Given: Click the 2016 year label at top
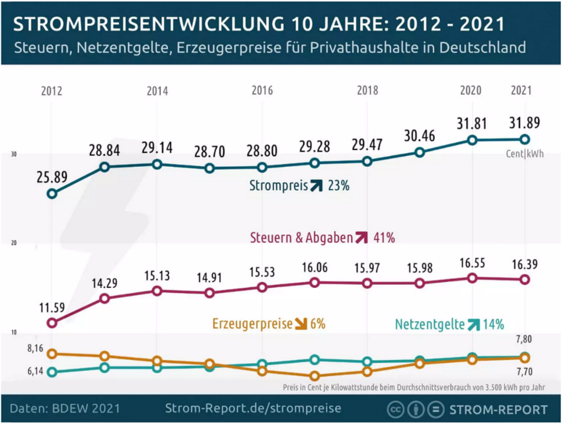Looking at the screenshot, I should coord(262,90).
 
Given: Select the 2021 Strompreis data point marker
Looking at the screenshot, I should coord(524,139).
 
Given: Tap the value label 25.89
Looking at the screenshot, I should coord(52,177).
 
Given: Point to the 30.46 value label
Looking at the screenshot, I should coord(419,136).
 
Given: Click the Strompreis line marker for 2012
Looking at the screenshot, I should coord(52,194).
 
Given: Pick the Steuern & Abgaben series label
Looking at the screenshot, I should coord(301,238).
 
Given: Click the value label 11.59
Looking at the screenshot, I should coord(52,308).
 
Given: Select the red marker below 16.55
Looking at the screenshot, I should coord(472,279).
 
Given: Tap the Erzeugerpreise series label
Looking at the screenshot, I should coord(252,324).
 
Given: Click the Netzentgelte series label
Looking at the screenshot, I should coord(430,325).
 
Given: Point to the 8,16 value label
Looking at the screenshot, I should coord(35,348).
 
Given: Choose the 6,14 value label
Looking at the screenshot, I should coord(35,371).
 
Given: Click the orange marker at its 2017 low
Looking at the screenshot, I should coord(315,376).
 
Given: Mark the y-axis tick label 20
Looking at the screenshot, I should coord(14,243).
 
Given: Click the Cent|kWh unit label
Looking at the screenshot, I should coord(524,154).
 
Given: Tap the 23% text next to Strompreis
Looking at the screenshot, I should coord(339,186).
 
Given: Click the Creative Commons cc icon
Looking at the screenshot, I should coord(395,409).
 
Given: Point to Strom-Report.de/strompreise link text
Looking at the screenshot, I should coord(253,408).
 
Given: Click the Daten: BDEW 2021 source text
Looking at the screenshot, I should coord(65,408).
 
